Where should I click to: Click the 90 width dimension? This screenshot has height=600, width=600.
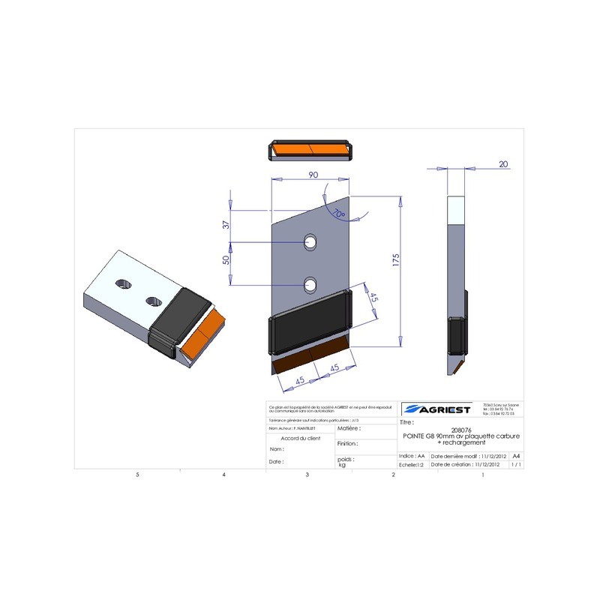313,174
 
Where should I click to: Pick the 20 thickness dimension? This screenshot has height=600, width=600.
502,164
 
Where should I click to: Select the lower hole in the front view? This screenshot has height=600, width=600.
310,283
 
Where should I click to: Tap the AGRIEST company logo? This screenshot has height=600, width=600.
436,409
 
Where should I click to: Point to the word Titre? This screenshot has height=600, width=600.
408,423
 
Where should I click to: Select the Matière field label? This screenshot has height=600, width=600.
348,428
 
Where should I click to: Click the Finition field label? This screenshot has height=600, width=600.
347,443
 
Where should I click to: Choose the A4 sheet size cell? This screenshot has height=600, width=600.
516,455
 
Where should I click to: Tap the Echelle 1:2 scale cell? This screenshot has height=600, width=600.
412,465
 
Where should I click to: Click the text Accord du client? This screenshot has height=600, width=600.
300,437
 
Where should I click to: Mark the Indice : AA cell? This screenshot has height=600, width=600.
412,455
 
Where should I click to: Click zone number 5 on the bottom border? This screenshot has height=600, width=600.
137,475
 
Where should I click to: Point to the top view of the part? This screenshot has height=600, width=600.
310,151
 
